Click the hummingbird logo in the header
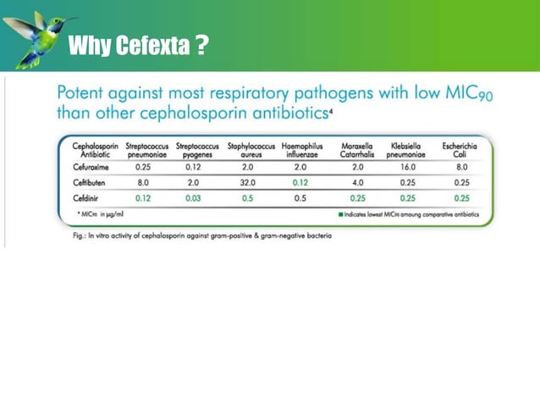[x=38, y=38]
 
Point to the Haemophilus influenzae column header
[x=300, y=151]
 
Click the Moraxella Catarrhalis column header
[x=357, y=151]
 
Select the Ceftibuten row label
[x=91, y=182]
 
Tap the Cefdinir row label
[x=88, y=197]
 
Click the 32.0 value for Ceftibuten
[x=248, y=182]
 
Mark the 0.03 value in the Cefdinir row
[x=196, y=197]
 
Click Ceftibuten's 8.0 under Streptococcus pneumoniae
[x=143, y=182]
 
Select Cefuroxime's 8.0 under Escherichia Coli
[x=462, y=167]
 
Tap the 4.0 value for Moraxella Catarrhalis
[x=357, y=182]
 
